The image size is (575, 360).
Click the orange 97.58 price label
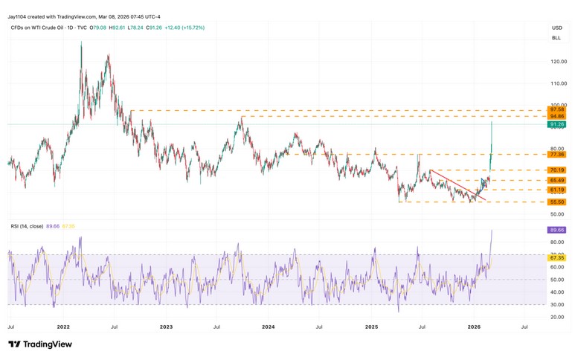555,110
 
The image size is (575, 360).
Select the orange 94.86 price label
555,117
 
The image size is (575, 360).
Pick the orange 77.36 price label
555,155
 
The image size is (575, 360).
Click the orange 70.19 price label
555,170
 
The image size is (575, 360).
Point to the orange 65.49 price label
555,180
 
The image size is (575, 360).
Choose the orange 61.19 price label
555,190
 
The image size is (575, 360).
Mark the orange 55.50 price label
555,202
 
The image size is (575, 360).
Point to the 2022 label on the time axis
63,327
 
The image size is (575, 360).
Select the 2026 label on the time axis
475,327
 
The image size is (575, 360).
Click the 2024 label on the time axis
269,327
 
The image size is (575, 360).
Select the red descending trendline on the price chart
457,185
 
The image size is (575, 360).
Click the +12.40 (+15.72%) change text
186,28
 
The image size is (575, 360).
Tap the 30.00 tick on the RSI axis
556,304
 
